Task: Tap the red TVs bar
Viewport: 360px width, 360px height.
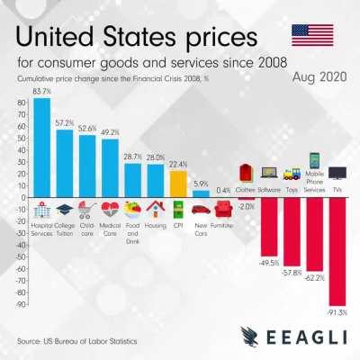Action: [337, 252]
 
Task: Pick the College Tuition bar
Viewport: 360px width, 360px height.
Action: [64, 163]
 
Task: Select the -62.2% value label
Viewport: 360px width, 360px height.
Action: [314, 279]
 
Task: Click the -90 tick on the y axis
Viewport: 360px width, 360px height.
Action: [20, 306]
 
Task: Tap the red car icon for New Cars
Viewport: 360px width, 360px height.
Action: [201, 209]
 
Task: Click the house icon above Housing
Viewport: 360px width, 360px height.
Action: [155, 209]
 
